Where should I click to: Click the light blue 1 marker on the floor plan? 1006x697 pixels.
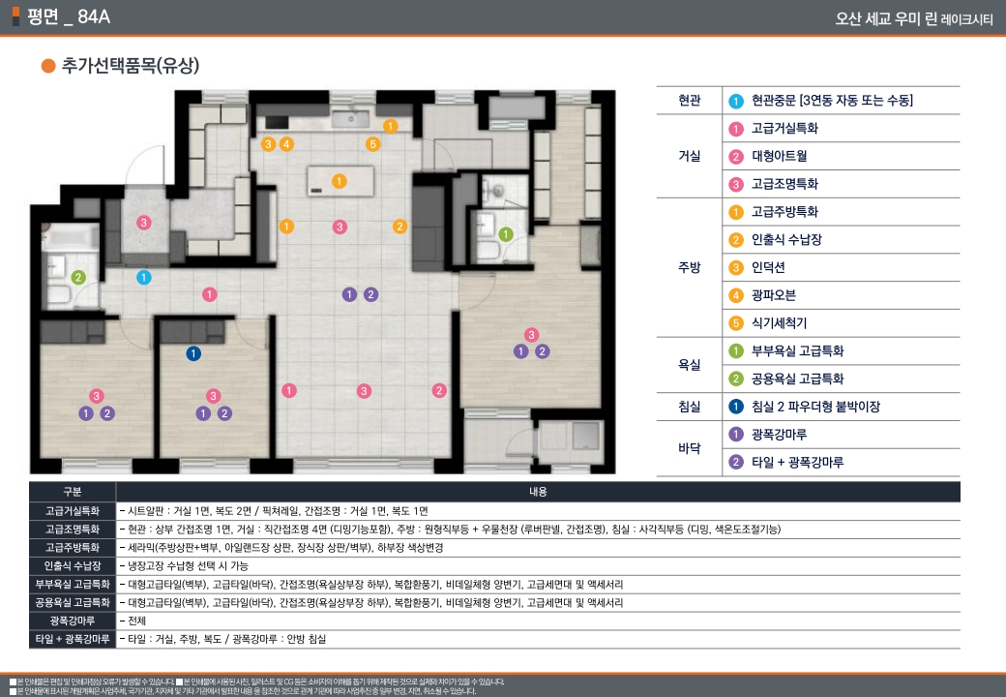coord(144,278)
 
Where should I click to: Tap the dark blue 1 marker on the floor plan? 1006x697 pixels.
coord(193,353)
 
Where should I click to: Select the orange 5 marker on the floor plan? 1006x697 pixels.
coord(372,144)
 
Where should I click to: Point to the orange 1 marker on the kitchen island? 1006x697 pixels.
coord(339,181)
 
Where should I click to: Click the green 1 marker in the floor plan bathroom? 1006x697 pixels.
coord(505,233)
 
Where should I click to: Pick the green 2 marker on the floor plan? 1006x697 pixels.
coord(79,278)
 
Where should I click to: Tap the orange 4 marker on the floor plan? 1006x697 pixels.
coord(286,144)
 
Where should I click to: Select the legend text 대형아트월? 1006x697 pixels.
coord(779,156)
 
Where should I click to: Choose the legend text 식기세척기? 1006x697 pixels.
coord(779,323)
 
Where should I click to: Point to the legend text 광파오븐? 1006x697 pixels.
coord(773,295)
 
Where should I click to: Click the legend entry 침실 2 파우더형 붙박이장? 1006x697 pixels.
coord(815,407)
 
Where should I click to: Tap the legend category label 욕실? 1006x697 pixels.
coord(690,365)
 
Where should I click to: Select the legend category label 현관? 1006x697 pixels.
coord(690,101)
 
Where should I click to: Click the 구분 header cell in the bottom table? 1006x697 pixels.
coord(73,492)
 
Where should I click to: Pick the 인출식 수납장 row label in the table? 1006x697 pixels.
coord(73,565)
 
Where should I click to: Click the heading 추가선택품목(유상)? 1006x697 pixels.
coord(130,66)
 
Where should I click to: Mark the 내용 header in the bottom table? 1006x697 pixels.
coord(538,492)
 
